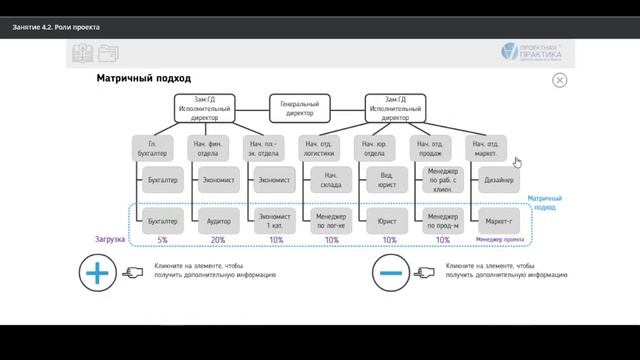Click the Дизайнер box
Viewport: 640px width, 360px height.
click(x=498, y=181)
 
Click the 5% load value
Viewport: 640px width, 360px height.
click(x=162, y=240)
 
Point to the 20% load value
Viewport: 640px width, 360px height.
click(x=218, y=240)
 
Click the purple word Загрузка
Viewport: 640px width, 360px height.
click(x=111, y=240)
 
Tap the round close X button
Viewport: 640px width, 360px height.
click(x=559, y=80)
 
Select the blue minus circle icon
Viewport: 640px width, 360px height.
click(x=391, y=271)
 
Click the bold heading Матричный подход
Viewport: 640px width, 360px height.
click(x=143, y=78)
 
